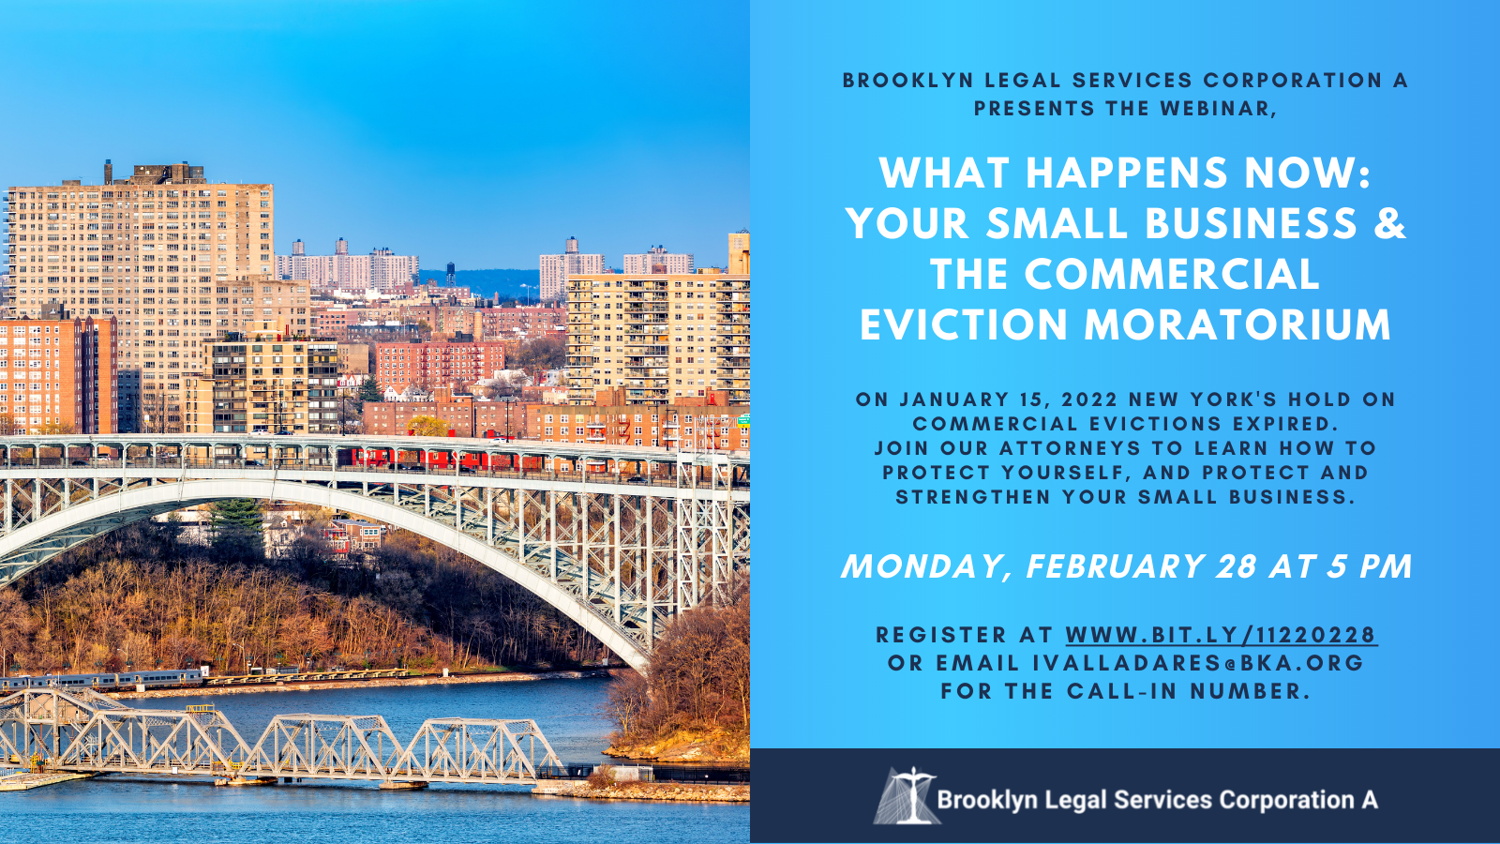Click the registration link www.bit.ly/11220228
click(1222, 634)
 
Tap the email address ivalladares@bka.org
click(1198, 662)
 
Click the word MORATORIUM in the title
click(1237, 324)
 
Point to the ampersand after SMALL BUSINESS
click(1389, 223)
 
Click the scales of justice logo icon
click(907, 796)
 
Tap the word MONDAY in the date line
click(926, 566)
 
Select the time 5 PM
click(1371, 566)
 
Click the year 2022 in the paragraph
click(1089, 399)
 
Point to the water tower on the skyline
click(451, 273)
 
